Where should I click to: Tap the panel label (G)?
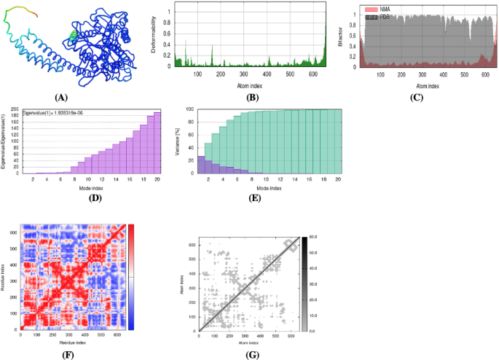point(251,354)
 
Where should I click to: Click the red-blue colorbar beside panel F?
point(131,276)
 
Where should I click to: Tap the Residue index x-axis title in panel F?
point(74,341)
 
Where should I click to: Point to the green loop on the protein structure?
point(72,35)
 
